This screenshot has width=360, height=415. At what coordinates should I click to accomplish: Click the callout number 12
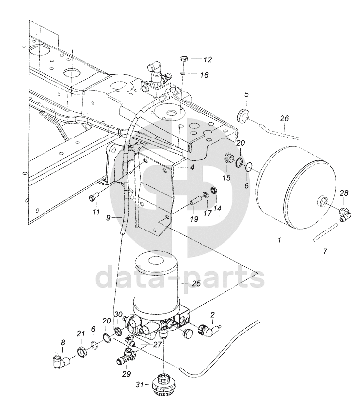coord(208,60)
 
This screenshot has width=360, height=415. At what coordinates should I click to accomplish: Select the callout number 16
coord(204,75)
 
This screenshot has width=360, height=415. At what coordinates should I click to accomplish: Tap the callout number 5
coord(247,94)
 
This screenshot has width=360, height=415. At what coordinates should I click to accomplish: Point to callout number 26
coord(285,118)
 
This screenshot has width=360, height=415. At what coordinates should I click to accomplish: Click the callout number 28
coord(344,193)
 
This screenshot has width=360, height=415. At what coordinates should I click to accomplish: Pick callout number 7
coord(325,251)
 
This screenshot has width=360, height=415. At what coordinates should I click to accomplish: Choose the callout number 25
coord(196,284)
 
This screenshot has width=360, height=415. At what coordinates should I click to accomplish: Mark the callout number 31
coord(140,384)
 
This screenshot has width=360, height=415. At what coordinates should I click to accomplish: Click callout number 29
coord(127,374)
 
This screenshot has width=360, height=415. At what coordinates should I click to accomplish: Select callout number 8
coord(63,343)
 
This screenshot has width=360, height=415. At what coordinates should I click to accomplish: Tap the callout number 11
coord(96,212)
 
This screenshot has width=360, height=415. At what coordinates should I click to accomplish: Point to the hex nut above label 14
coord(214,190)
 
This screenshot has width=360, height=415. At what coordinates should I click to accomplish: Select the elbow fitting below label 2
coord(210,330)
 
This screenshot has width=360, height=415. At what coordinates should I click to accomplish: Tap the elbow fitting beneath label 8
coord(60,361)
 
